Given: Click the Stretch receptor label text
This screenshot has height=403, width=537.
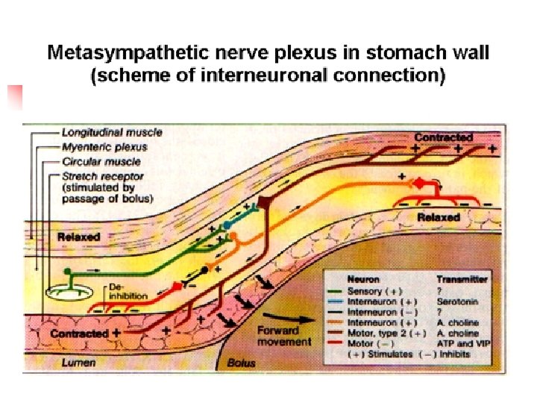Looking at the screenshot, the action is [x=104, y=175].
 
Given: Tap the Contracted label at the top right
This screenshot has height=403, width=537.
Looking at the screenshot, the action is [x=443, y=137].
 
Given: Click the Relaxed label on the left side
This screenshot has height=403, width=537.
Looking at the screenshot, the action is [x=78, y=237].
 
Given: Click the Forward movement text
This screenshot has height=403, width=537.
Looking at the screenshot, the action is [x=283, y=336].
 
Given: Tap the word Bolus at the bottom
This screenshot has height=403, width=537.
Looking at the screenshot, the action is [x=240, y=363].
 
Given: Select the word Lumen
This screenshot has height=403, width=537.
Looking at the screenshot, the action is [x=73, y=361].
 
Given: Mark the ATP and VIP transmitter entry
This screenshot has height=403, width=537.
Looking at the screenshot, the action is [x=463, y=343].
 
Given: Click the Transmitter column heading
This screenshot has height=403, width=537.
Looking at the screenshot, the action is [x=462, y=279].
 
